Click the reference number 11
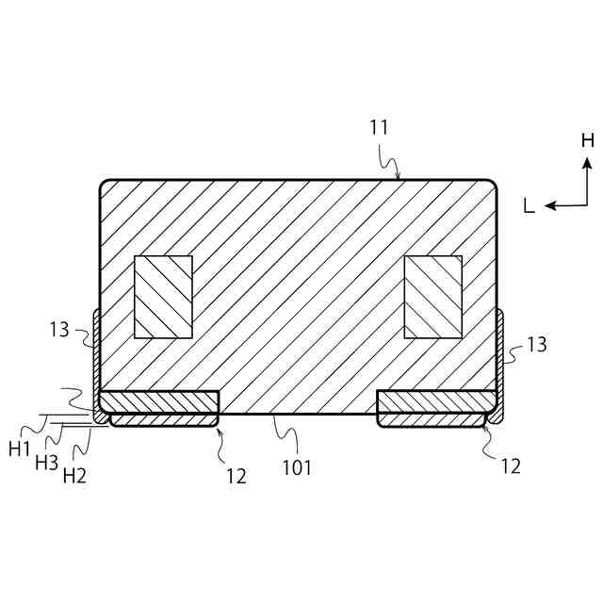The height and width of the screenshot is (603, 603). pyautogui.click(x=379, y=127)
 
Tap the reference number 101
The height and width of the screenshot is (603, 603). pyautogui.click(x=297, y=466)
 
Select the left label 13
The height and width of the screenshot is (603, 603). pyautogui.click(x=59, y=329)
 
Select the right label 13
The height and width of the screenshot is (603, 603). pyautogui.click(x=536, y=345)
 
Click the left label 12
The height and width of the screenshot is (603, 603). pyautogui.click(x=236, y=477)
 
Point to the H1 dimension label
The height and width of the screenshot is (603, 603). pyautogui.click(x=20, y=449)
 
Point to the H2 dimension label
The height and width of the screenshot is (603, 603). pyautogui.click(x=74, y=476)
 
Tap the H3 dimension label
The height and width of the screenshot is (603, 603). pyautogui.click(x=46, y=463)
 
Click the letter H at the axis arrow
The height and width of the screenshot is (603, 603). pyautogui.click(x=587, y=140)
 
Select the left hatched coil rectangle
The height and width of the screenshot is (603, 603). pyautogui.click(x=164, y=297)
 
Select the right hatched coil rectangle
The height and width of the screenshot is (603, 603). pyautogui.click(x=433, y=297)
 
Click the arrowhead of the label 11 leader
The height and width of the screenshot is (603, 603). pyautogui.click(x=399, y=176)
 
